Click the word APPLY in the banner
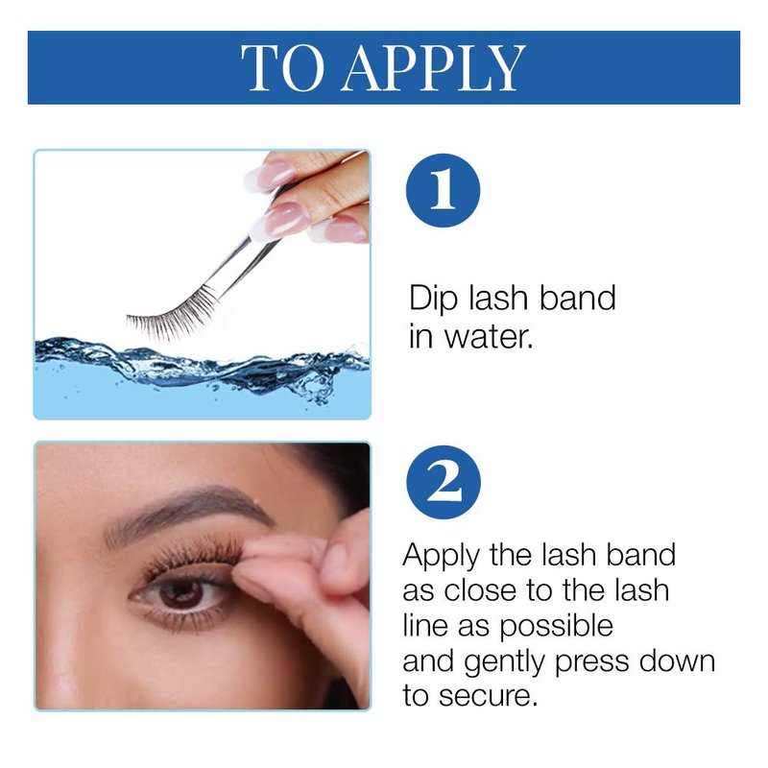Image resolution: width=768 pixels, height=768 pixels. (x=433, y=68)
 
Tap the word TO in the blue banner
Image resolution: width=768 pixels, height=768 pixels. (x=282, y=68)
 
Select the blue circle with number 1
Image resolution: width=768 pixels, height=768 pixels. (x=443, y=190)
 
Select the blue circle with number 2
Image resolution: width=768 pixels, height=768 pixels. (x=444, y=482)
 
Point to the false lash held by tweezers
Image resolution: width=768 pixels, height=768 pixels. (x=172, y=314)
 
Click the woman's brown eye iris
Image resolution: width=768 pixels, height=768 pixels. (x=181, y=593)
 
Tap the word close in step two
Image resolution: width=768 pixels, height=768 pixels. (x=480, y=590)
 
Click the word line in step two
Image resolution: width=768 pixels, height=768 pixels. (x=425, y=626)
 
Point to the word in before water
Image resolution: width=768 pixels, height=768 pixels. (x=421, y=337)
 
